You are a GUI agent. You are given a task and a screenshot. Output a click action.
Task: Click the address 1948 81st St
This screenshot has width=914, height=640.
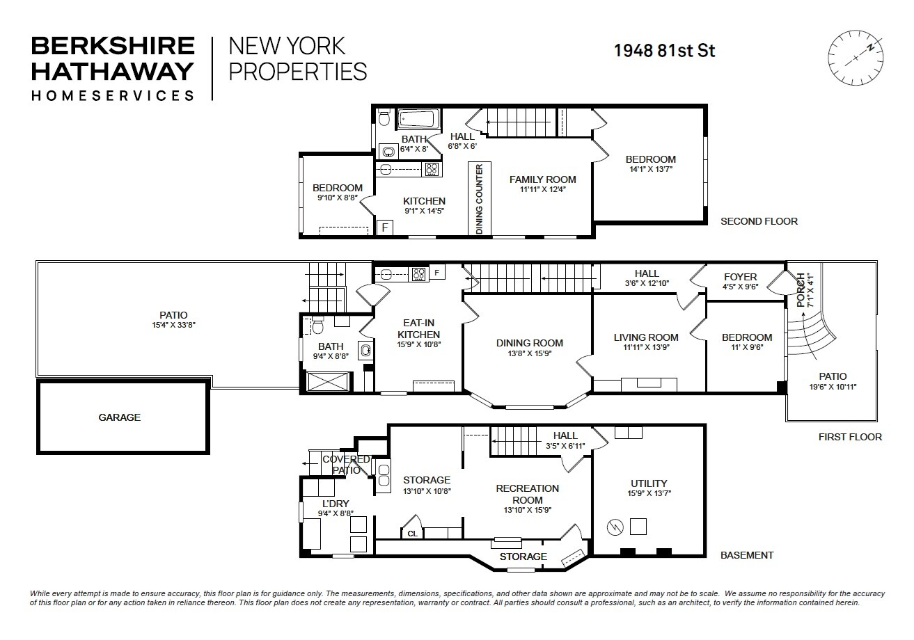pyautogui.click(x=664, y=50)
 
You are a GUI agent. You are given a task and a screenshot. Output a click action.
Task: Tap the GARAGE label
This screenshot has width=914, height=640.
pyautogui.click(x=119, y=417)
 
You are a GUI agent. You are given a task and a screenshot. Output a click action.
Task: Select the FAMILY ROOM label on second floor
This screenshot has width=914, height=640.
pyautogui.click(x=542, y=179)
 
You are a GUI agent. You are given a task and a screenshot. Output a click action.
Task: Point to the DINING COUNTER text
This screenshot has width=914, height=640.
pyautogui.click(x=480, y=199)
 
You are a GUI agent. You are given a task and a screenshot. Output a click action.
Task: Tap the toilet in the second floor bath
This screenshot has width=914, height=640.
pyautogui.click(x=383, y=118)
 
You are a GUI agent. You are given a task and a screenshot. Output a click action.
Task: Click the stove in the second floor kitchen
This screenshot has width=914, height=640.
pyautogui.click(x=432, y=169)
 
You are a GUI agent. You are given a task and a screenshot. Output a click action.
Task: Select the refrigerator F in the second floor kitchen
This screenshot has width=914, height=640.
pyautogui.click(x=384, y=227)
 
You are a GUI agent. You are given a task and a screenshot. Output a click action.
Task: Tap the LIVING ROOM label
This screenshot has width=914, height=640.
pyautogui.click(x=646, y=337)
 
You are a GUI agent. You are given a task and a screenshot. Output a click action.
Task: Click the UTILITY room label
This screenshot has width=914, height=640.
pyautogui.click(x=649, y=483)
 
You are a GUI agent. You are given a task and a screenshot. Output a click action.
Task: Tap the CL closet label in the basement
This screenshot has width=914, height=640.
pyautogui.click(x=412, y=534)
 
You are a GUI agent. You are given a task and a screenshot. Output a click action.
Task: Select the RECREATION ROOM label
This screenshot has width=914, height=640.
pyautogui.click(x=526, y=494)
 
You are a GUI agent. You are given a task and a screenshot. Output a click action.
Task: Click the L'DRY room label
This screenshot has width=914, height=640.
pyautogui.click(x=336, y=504)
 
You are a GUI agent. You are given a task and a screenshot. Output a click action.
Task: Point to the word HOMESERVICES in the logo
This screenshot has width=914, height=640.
pyautogui.click(x=112, y=95)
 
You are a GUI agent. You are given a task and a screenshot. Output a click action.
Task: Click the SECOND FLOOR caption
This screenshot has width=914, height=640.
pyautogui.click(x=759, y=221)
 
